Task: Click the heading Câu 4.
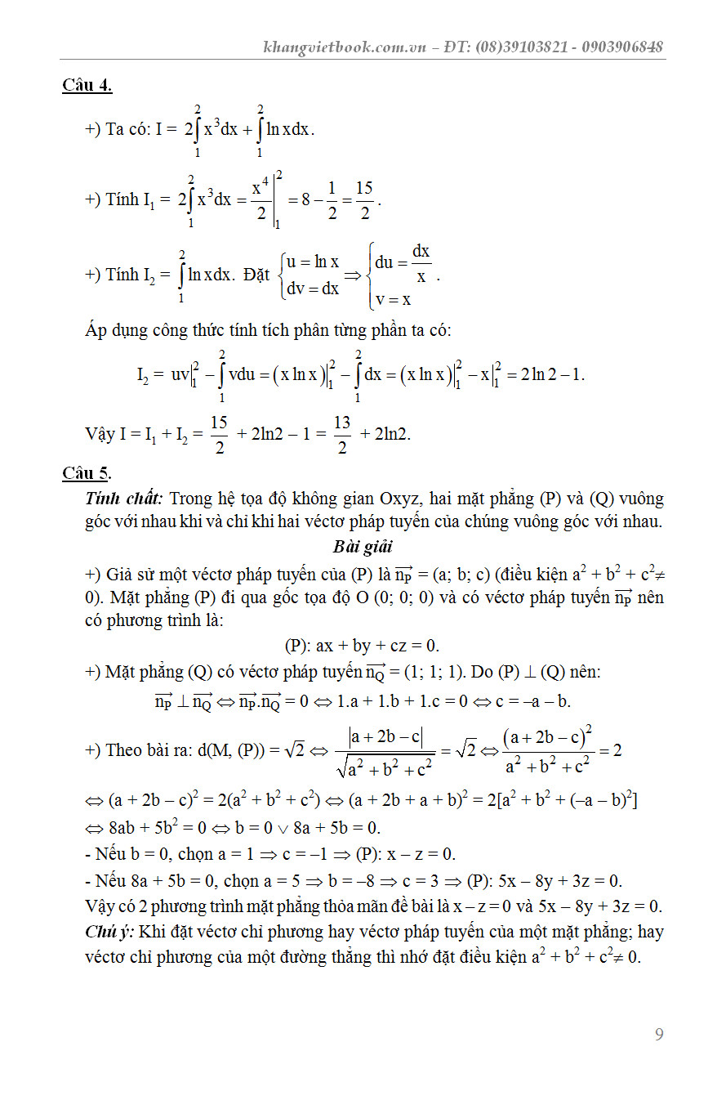pos(87,85)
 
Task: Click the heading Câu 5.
pos(87,472)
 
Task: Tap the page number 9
pos(659,1035)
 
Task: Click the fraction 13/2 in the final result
pos(342,435)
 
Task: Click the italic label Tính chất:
pos(124,499)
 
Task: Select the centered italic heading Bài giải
pos(363,546)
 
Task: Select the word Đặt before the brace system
pos(256,275)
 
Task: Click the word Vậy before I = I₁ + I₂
pos(100,434)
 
